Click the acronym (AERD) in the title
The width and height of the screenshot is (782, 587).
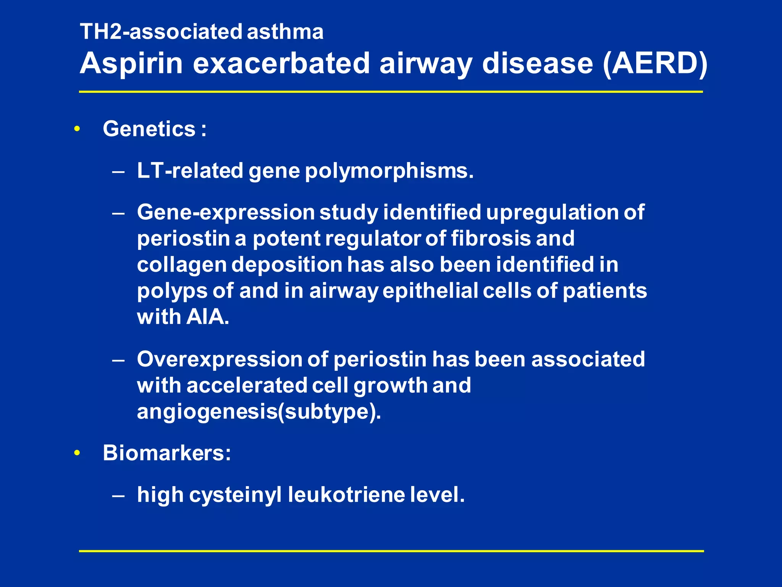654,63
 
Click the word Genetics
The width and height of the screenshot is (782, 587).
149,129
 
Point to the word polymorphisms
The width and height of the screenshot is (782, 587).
389,171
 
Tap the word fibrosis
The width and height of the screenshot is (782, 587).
490,238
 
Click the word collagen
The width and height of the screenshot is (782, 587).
182,265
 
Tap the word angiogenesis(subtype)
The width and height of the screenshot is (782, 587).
259,412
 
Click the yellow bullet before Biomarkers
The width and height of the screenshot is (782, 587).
77,453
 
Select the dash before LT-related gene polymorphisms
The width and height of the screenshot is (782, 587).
118,172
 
